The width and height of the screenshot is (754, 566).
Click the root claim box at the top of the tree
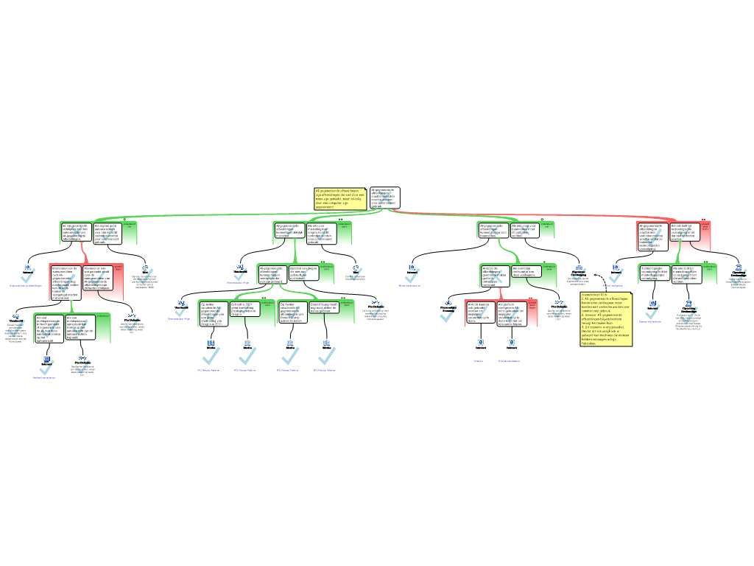point(384,198)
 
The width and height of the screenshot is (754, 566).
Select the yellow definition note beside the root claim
point(340,198)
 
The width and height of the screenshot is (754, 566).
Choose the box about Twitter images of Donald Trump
point(292,312)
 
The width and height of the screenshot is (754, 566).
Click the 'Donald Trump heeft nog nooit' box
point(324,307)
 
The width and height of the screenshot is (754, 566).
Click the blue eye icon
point(448,303)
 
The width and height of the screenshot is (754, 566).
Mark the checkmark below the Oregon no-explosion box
point(248,356)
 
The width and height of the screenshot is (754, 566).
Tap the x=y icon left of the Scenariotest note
point(559,302)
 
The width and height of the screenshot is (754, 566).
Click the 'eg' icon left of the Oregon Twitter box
point(181,302)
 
